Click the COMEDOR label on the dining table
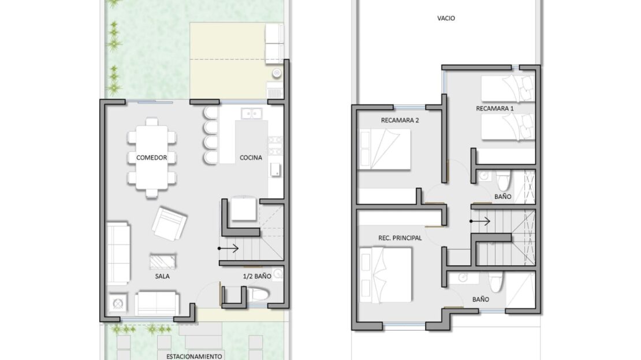point(151,158)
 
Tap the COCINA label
point(251,158)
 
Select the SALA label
point(162,276)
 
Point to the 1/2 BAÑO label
point(257,276)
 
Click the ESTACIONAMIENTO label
point(194,357)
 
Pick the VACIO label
point(446,18)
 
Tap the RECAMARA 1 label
point(495,109)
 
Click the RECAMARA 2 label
point(400,120)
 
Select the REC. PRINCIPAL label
point(400,237)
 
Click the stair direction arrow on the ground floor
point(228,248)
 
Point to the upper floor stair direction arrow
point(480,221)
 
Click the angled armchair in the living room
point(169,224)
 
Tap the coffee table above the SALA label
point(163,261)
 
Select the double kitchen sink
point(251,113)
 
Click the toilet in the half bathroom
point(259,295)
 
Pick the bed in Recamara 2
point(384,149)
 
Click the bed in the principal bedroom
point(386,274)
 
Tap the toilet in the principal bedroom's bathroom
point(496,282)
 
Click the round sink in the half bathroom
point(278,273)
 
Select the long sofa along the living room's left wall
point(118,253)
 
